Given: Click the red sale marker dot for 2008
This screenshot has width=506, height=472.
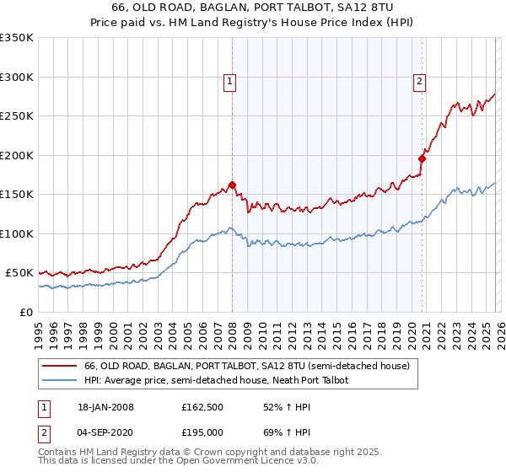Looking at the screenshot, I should pos(232,185).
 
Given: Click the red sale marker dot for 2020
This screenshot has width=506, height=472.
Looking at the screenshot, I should pos(422,158).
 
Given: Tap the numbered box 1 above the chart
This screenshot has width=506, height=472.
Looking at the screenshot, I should pos(229,82).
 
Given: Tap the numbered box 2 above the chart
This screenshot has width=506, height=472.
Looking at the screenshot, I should pos(419,82).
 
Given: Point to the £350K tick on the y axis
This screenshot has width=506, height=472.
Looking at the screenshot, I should pos(16,38).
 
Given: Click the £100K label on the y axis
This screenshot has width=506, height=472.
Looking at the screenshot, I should pos(16,233).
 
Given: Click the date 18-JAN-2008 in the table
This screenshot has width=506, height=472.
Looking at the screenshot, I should pos(105,407).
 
